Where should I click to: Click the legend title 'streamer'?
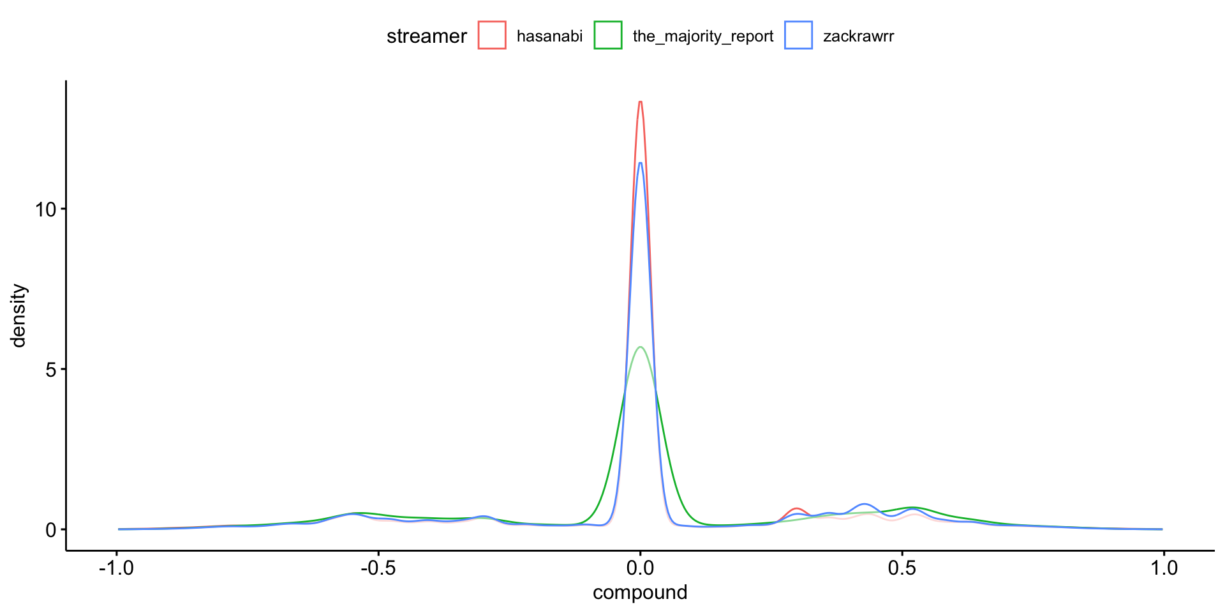[426, 36]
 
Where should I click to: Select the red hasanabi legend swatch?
[492, 35]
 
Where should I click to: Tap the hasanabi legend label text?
[549, 36]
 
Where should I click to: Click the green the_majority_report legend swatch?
[608, 35]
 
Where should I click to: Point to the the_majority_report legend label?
[702, 36]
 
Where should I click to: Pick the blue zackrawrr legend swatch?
[798, 35]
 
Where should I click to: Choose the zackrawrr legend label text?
[858, 36]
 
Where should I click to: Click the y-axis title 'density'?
[19, 315]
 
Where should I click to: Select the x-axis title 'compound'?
[640, 593]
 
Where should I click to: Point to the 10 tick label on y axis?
[46, 209]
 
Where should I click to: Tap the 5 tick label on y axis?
[51, 370]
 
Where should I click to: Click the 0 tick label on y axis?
[51, 530]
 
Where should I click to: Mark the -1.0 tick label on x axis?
[116, 568]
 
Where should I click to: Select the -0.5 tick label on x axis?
[378, 568]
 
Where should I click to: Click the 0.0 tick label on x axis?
[640, 568]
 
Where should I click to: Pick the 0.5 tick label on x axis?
[902, 568]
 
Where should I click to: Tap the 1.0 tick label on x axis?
[1164, 568]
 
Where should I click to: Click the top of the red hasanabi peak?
[640, 102]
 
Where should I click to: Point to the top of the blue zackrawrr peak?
[640, 163]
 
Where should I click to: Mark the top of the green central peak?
[640, 347]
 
